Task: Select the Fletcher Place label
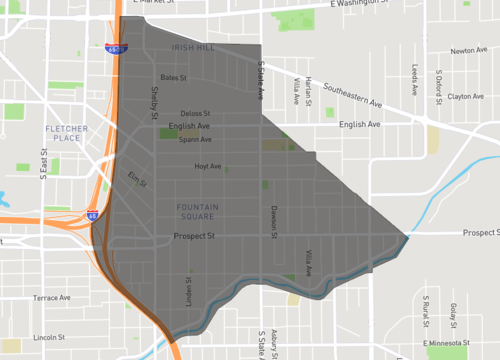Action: tap(66, 133)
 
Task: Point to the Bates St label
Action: tap(174, 77)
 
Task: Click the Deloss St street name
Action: tap(196, 113)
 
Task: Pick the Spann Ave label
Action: tap(195, 139)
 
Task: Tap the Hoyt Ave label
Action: tap(208, 166)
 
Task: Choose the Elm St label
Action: tap(137, 180)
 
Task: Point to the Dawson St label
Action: tap(272, 221)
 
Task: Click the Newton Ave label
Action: tap(468, 51)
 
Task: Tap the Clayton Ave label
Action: tap(466, 97)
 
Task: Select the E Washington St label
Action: tap(346, 5)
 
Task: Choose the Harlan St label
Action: tap(309, 91)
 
